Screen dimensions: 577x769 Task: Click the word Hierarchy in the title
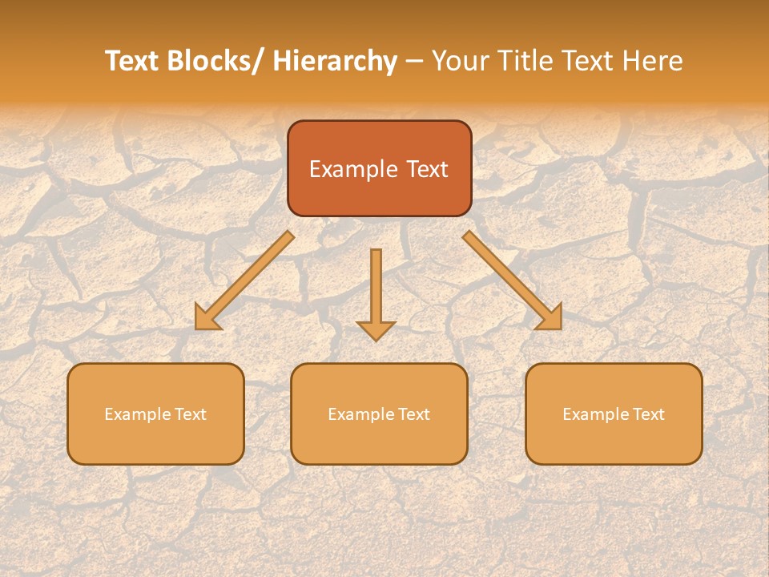coord(335,61)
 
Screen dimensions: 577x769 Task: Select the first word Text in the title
coord(133,61)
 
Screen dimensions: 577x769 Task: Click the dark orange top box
coord(379,168)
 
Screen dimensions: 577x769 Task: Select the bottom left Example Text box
coord(155,414)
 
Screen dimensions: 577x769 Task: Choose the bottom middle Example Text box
coord(379,414)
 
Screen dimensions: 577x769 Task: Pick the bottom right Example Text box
coord(614,414)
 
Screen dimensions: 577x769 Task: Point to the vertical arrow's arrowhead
coord(376,330)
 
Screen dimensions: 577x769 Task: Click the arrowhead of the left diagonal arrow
coord(207,319)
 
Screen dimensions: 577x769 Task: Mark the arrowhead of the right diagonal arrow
coord(551,319)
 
